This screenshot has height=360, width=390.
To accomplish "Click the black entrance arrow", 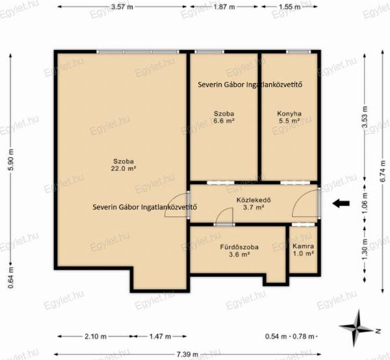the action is (x=341, y=203).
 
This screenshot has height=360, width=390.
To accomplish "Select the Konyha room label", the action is (x=289, y=114).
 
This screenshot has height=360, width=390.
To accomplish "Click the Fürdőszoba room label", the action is (x=239, y=247).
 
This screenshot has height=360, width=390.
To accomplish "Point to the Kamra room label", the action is (x=303, y=246).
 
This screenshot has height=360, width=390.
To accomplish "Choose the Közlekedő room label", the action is (x=253, y=200).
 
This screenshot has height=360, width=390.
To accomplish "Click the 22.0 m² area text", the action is (x=123, y=168).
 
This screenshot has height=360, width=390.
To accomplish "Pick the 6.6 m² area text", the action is (x=224, y=121).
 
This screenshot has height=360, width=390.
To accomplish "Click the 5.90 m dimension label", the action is (x=11, y=160).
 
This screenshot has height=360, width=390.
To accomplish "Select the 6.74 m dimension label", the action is (x=383, y=172).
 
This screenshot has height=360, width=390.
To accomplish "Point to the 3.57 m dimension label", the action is (x=122, y=6).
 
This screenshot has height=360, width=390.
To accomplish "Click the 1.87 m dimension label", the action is (x=224, y=6).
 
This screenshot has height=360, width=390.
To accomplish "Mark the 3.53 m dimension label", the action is (x=365, y=117).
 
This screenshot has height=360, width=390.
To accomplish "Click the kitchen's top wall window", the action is (x=298, y=52).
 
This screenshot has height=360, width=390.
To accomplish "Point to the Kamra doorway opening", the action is (x=303, y=224).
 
